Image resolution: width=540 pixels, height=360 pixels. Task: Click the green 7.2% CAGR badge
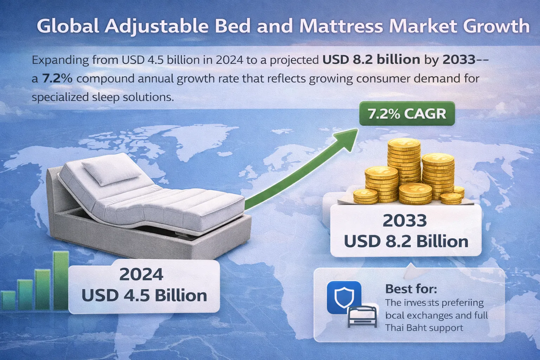point(407,114)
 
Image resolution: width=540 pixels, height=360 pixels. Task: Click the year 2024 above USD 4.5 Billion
point(141,275)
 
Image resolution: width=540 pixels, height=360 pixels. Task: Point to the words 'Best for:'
point(411,289)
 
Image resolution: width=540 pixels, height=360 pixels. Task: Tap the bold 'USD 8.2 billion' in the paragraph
point(371,60)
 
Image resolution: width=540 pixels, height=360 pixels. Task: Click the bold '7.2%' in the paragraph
point(57,78)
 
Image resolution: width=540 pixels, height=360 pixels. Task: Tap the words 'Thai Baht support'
point(424,328)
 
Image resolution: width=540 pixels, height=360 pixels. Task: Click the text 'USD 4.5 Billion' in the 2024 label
point(144,295)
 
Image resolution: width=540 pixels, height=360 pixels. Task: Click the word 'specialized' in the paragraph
point(59,97)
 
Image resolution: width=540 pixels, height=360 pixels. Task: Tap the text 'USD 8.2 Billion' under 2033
point(406,242)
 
